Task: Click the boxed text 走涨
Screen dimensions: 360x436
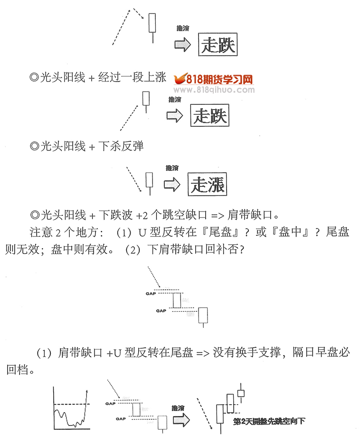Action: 208,184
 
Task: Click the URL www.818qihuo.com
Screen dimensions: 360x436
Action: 214,90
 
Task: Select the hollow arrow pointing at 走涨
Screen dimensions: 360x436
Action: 172,185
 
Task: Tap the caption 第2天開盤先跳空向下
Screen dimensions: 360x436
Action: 269,421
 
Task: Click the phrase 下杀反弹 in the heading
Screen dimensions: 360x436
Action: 121,146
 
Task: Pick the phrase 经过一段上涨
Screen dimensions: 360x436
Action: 132,77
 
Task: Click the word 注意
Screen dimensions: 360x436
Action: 41,232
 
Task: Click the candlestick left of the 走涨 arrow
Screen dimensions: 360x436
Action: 150,183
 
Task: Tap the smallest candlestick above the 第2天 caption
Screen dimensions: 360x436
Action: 241,393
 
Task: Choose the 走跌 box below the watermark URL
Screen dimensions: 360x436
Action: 210,115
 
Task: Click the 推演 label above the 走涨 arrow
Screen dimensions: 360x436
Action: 172,168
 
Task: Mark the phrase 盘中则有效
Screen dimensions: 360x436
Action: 79,250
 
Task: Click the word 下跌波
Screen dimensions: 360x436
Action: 115,215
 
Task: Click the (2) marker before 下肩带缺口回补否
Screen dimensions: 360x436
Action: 133,250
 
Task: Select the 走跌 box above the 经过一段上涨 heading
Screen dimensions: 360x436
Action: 218,45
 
